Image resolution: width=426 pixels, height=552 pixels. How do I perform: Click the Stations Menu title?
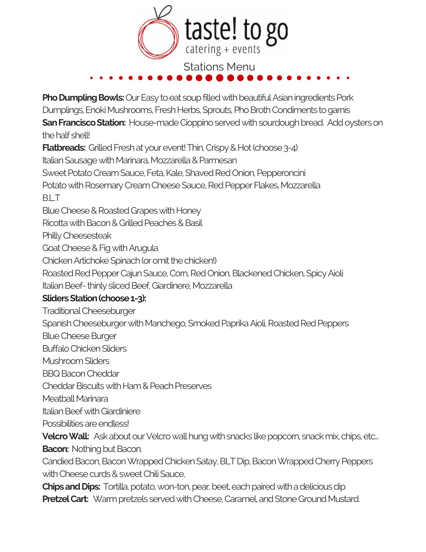coord(219,67)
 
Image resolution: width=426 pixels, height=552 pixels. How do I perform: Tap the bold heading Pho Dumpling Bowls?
coord(83,98)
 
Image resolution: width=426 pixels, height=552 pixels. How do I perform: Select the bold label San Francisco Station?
coord(84,123)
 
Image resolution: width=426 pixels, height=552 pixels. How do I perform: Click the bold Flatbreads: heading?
coord(64,148)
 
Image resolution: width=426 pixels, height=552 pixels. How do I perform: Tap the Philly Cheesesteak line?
coord(77,235)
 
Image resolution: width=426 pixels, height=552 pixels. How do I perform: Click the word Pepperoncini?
coord(281,173)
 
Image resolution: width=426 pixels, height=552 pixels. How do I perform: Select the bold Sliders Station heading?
coord(94,298)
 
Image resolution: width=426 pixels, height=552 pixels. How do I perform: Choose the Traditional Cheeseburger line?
coord(89,311)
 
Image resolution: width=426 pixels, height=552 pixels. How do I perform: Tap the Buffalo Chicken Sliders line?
coord(84,348)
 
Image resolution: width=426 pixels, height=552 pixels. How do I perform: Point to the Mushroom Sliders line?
coord(76,361)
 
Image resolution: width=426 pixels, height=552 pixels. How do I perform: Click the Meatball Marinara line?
coord(75,398)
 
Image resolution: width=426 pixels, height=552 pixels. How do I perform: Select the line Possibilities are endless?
coord(86,423)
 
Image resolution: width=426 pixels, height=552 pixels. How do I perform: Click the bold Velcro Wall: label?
coord(65,436)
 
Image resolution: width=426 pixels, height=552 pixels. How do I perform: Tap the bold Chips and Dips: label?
coord(71,486)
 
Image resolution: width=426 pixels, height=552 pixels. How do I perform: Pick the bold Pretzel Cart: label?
coord(65,499)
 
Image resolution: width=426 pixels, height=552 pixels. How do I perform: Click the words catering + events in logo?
coord(223,49)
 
